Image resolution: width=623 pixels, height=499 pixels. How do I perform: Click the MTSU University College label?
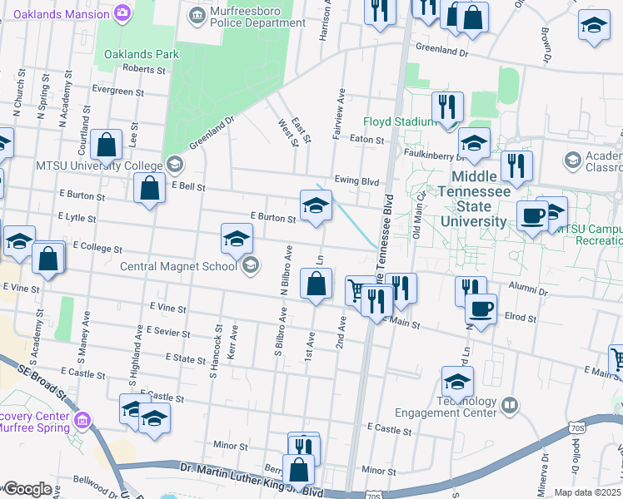click(100, 165)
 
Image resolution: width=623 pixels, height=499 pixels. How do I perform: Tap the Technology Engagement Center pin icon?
click(509, 406)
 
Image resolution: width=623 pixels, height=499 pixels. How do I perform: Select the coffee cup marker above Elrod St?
click(481, 309)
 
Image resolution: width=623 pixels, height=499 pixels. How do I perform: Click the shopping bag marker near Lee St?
click(107, 146)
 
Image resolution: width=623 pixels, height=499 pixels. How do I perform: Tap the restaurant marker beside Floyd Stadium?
click(448, 107)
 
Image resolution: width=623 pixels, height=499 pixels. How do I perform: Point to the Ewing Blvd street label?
click(356, 181)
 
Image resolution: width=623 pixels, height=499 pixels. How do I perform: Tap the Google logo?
click(27, 489)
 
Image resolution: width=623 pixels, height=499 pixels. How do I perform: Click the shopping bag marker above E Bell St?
click(148, 188)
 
